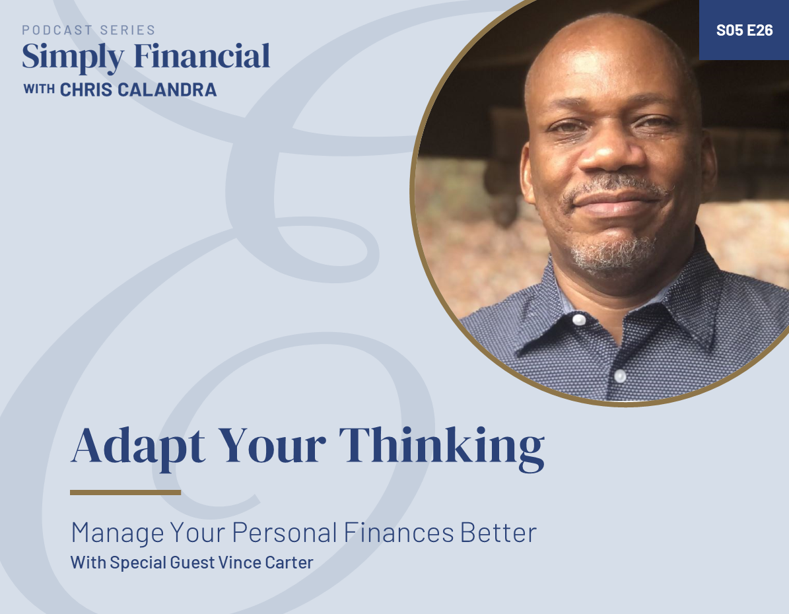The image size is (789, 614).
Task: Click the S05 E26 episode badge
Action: (744, 30)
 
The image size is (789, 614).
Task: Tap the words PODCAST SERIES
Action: (88, 30)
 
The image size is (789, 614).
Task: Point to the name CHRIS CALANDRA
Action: (139, 90)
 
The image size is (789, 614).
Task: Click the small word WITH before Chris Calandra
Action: (39, 89)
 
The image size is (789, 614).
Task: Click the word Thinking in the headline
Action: (442, 446)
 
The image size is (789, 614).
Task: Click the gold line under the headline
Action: (125, 492)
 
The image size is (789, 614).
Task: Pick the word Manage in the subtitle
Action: (117, 533)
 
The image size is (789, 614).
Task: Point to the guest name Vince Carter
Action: (277, 563)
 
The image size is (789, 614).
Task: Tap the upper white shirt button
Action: (579, 320)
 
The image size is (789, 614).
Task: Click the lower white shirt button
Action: (620, 376)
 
